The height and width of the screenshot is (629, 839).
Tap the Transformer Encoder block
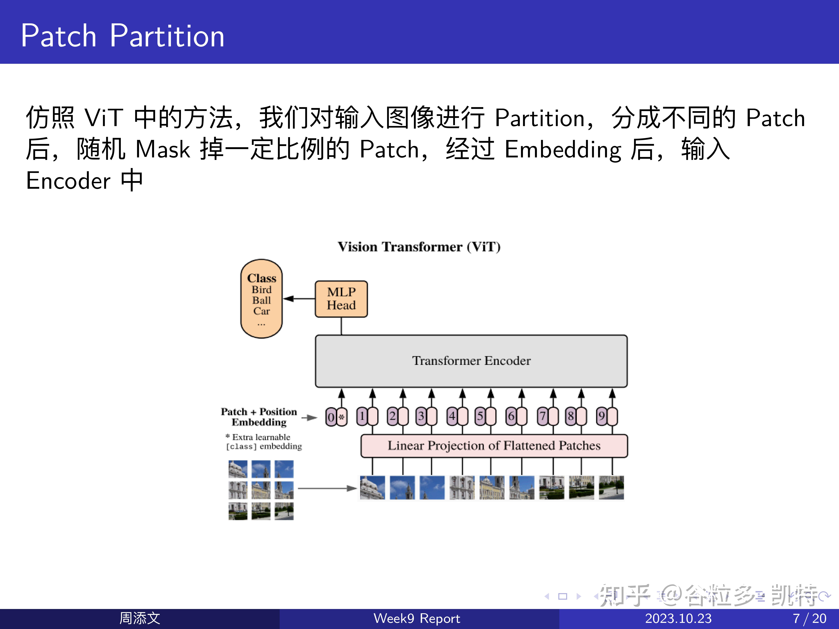[471, 361]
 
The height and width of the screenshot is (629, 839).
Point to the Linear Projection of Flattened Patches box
[494, 446]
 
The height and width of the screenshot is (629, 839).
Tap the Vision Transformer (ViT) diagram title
[419, 247]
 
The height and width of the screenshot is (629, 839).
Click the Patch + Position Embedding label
[259, 417]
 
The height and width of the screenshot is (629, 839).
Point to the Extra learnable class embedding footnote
[264, 442]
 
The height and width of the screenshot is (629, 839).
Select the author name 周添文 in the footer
[140, 618]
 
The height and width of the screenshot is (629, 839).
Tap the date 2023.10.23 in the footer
[678, 618]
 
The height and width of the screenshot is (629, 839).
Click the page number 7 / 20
[809, 618]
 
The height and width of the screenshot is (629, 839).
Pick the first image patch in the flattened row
[372, 488]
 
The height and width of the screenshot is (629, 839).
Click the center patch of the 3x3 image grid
[261, 490]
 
